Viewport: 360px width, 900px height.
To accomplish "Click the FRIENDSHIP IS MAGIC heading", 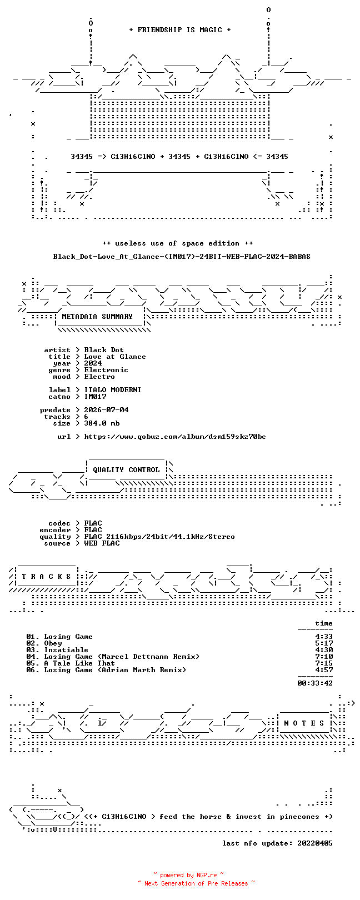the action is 179,30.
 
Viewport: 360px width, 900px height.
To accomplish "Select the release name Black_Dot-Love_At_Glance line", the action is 182,256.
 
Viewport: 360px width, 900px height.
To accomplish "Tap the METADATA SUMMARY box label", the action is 97,317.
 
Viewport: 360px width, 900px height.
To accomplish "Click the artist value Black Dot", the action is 104,350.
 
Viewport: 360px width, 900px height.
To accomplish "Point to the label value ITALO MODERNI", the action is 112,390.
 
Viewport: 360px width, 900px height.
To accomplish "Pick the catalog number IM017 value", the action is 95,397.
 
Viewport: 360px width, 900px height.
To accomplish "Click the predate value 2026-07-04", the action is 106,410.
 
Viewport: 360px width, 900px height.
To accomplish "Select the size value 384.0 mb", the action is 102,423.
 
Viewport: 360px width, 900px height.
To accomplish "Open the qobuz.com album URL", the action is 175,436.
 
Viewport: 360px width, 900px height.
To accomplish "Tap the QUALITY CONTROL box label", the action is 126,469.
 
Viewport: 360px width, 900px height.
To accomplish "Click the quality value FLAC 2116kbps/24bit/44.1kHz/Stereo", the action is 159,536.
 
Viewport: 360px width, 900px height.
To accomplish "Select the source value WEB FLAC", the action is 102,543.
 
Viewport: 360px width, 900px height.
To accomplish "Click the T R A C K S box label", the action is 46,577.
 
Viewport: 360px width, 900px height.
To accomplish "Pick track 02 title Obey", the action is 53,643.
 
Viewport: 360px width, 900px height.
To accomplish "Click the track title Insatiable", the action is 66,649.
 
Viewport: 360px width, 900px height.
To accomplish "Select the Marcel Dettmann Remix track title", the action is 122,657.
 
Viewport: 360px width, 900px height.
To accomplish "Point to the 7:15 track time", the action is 324,663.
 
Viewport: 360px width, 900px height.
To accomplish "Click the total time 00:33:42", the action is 315,683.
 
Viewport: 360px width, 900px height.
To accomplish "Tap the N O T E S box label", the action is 304,723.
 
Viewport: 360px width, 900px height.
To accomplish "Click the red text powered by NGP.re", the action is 188,875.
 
